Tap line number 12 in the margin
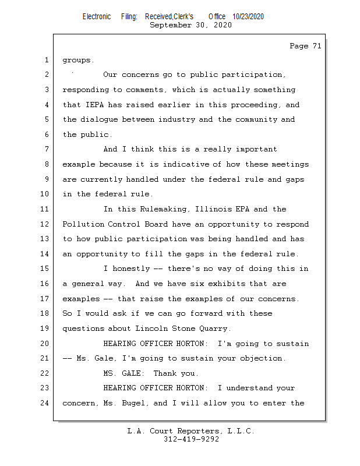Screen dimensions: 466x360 pyautogui.click(x=45, y=224)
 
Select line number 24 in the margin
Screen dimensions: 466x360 pyautogui.click(x=45, y=403)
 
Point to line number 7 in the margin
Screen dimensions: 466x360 pyautogui.click(x=47, y=150)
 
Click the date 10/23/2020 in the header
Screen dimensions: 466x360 pyautogui.click(x=248, y=16)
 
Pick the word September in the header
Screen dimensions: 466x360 pyautogui.click(x=170, y=25)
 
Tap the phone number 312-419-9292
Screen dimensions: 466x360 pyautogui.click(x=191, y=439)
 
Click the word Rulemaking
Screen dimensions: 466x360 pyautogui.click(x=153, y=209)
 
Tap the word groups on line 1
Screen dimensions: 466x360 pyautogui.click(x=78, y=60)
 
